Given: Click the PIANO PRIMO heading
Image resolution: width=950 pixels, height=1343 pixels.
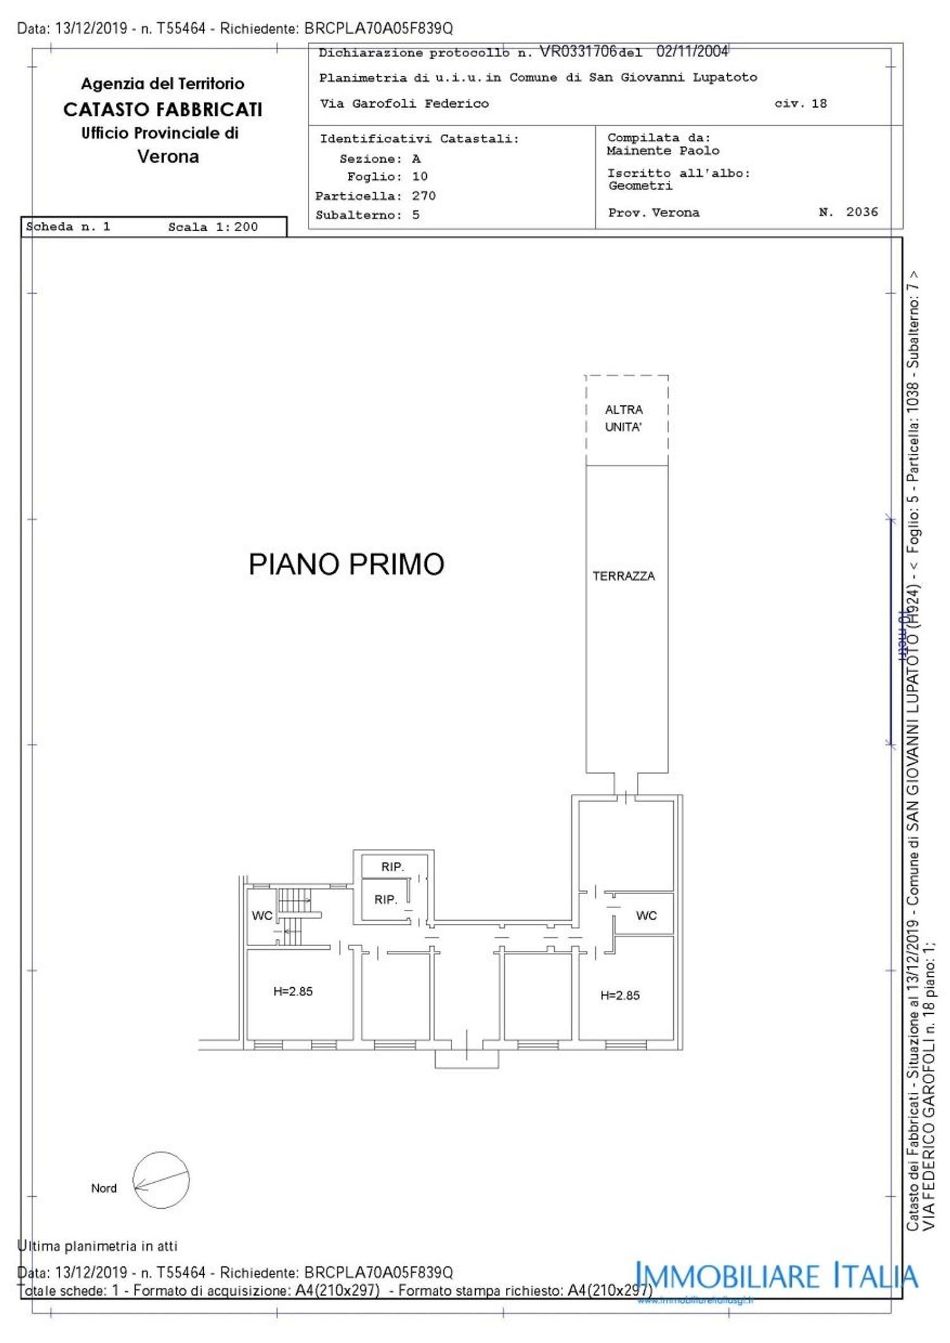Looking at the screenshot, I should point(346,564).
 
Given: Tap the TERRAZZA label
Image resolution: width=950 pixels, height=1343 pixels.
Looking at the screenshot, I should point(623,576).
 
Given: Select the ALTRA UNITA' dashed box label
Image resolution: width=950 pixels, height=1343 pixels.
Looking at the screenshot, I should point(624,419).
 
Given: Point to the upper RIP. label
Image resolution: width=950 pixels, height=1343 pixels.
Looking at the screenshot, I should point(392,867).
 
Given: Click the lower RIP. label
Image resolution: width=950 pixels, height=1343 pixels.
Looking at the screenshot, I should point(385,899).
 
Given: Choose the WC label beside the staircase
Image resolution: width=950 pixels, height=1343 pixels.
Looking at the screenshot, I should point(262,916).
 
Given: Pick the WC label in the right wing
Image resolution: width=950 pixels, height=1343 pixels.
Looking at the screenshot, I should point(646,916).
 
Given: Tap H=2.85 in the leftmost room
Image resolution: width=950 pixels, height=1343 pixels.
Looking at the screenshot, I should point(293,992).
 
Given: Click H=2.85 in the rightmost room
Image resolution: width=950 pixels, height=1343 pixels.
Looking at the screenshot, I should point(619,995).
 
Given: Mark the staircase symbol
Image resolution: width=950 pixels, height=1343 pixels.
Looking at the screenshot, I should point(293,916).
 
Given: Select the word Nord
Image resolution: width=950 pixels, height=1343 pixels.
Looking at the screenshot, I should point(104,1189).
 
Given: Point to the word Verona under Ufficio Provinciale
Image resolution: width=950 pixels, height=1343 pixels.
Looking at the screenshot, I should point(168,156).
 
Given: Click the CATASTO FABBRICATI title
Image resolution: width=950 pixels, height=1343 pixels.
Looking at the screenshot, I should point(163,110).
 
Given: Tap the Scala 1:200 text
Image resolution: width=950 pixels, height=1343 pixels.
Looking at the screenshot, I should point(213,227).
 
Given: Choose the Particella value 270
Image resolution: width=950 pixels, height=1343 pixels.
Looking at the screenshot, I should point(424,196).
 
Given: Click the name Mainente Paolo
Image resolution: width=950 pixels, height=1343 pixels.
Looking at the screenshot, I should point(662,151).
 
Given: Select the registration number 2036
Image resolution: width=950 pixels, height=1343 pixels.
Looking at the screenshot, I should point(861,212).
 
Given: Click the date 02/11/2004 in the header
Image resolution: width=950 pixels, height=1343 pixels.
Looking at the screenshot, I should point(692,51).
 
